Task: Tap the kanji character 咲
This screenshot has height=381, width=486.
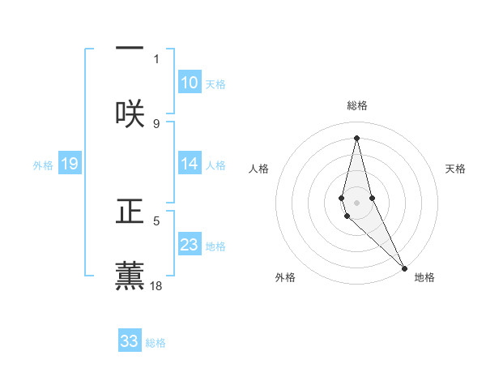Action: point(130,111)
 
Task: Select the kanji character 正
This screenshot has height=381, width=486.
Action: point(130,212)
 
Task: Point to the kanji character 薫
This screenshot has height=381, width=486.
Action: point(130,273)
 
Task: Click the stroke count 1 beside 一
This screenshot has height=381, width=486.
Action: point(156,58)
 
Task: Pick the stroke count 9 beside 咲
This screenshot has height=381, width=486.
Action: point(156,123)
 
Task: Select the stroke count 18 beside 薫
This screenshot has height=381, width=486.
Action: point(157,285)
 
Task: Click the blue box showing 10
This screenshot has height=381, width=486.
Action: point(189,83)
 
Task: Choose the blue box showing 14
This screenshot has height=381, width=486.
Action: point(189,164)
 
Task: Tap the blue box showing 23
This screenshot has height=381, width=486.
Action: point(189,245)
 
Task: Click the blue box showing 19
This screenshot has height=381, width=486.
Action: point(69,164)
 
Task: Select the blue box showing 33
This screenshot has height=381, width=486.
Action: point(130,341)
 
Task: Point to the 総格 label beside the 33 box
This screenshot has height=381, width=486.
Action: point(156,343)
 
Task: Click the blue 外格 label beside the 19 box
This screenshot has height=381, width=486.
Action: point(43,165)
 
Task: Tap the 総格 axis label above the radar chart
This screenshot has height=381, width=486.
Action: point(356,105)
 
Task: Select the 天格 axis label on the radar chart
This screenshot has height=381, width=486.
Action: point(455,169)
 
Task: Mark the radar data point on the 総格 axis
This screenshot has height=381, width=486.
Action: point(356,137)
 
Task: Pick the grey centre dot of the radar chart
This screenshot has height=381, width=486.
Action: point(356,202)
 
